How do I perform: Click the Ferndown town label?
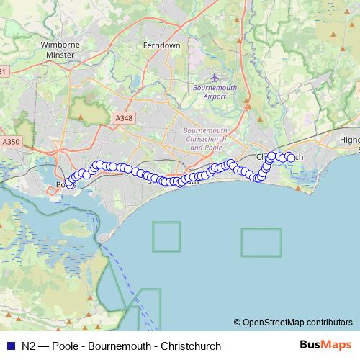point(162,45)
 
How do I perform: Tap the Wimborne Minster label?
point(60,49)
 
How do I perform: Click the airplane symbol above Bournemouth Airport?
point(215,77)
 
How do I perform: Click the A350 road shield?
point(11,142)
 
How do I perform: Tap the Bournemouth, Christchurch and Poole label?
point(205,138)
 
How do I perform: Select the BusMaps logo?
point(325,345)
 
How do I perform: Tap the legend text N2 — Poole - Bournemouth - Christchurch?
point(121,346)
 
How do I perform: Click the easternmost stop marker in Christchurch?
point(291,158)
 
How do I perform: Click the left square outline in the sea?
point(166,236)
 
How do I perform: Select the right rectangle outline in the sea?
point(261,242)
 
